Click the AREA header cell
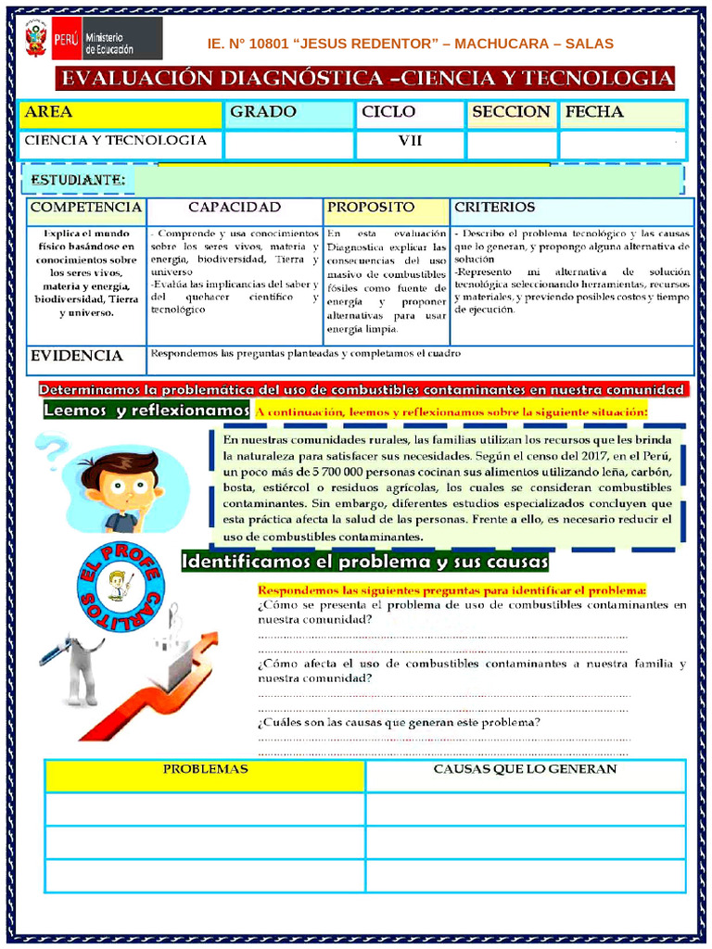pos(121,113)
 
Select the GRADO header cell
pos(288,113)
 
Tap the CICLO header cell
pos(409,113)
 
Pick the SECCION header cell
pos(511,113)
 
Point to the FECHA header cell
pos(621,113)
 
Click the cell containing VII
pos(410,141)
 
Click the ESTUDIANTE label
pos(79,179)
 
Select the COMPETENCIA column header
pos(86,208)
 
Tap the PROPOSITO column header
pos(386,208)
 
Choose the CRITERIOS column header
pos(571,208)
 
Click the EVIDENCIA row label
pos(77,356)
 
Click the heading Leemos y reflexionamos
pos(146,411)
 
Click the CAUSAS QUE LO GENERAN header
pos(525,770)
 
